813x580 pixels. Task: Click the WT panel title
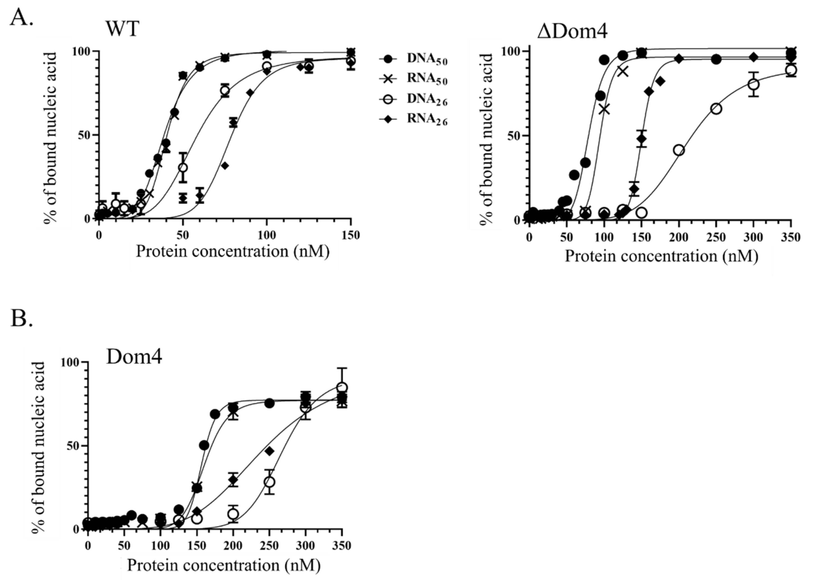click(122, 29)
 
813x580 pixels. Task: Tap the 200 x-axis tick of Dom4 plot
click(233, 546)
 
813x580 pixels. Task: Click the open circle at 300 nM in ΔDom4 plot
click(753, 85)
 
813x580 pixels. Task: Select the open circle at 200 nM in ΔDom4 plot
click(679, 150)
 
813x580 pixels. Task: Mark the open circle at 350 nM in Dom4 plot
click(342, 388)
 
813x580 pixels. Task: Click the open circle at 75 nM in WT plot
click(225, 91)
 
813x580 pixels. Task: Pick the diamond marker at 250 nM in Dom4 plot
click(269, 451)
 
